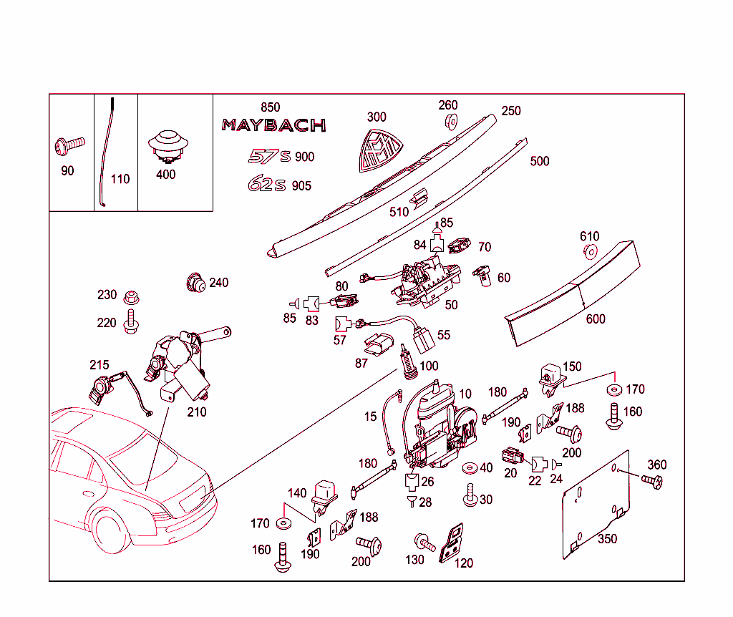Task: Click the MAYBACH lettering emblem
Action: click(273, 125)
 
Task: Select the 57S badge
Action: click(266, 157)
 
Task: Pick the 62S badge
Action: click(266, 185)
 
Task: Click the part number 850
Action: click(270, 107)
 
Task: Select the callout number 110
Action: click(120, 179)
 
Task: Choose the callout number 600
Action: click(595, 319)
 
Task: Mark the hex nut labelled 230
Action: click(130, 296)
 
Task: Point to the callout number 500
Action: click(540, 161)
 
